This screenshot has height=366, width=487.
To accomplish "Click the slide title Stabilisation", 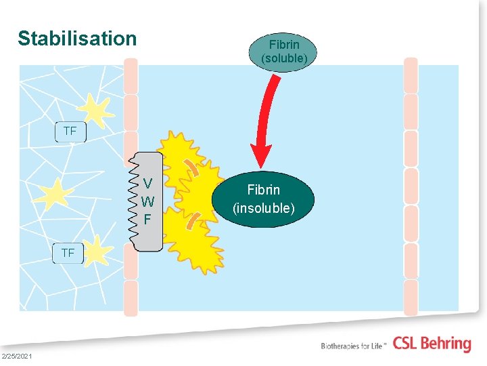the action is (77, 39).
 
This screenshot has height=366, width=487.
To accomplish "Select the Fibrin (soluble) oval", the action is (284, 51).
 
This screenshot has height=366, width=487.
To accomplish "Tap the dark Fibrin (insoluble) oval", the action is (263, 199).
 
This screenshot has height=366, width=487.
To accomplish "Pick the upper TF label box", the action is (70, 131).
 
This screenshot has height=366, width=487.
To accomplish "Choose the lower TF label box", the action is (68, 253).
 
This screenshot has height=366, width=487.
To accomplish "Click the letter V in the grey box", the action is (147, 183).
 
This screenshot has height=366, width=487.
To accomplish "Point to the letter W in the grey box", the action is (147, 201).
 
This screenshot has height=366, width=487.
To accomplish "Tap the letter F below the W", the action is (147, 220).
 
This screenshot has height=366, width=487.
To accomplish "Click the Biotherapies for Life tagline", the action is (354, 346).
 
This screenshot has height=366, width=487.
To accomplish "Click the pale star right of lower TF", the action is (97, 250).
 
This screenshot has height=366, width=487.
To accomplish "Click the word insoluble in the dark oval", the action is (263, 208).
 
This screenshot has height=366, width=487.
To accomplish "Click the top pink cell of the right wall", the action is (411, 75).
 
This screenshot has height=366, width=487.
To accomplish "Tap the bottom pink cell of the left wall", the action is (131, 298).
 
